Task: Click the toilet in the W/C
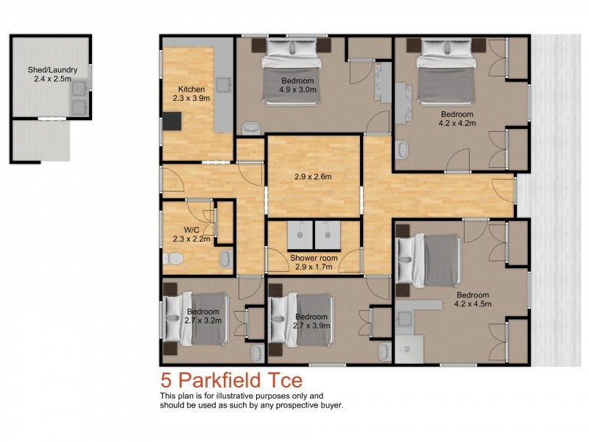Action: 172,259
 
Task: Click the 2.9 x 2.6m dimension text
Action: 313,177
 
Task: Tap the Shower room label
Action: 314,262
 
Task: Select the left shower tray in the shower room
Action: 300,234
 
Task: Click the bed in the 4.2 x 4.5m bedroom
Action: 430,259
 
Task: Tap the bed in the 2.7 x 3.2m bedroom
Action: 197,319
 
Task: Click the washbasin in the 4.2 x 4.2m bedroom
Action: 402,150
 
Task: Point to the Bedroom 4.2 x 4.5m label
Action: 472,298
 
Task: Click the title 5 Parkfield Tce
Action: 231,381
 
